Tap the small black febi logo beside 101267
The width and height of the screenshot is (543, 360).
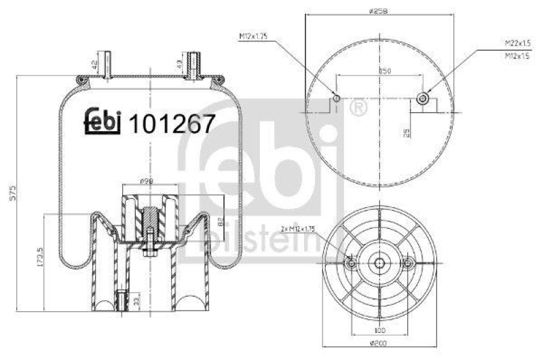[x=102, y=121]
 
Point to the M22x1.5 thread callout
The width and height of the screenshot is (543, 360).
[x=517, y=43]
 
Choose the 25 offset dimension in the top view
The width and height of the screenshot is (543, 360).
[x=407, y=132]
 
